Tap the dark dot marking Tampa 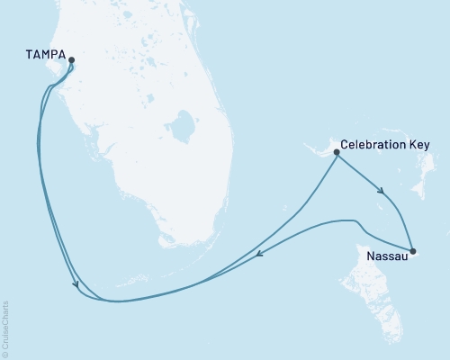pyautogui.click(x=71, y=62)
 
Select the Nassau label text pyautogui.click(x=386, y=256)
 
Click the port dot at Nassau pyautogui.click(x=412, y=251)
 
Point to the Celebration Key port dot pyautogui.click(x=336, y=153)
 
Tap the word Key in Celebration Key pyautogui.click(x=418, y=145)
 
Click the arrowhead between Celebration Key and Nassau pyautogui.click(x=384, y=191)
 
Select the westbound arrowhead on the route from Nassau pyautogui.click(x=258, y=256)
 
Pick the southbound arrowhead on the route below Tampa pyautogui.click(x=77, y=287)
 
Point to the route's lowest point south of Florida pyautogui.click(x=112, y=301)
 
